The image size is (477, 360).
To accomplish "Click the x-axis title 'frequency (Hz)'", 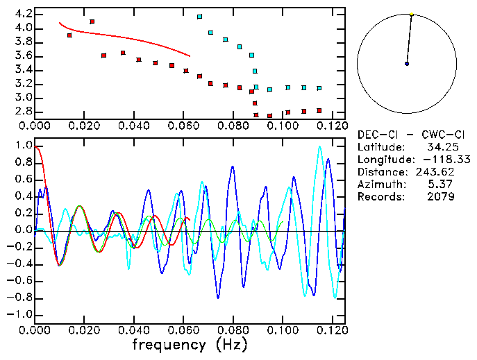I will point(189,344).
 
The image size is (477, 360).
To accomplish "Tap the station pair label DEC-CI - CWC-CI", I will point(406,134).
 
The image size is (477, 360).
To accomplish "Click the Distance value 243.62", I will point(434,171).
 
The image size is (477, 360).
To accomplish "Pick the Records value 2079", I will point(441,196).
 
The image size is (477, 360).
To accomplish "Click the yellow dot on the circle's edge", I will point(412,14).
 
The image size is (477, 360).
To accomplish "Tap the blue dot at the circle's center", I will point(407,64).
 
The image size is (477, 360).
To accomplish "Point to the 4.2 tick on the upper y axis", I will point(22,14).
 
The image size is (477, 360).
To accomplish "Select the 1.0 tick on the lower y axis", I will point(22,146).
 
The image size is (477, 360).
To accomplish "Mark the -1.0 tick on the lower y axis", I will point(19,314).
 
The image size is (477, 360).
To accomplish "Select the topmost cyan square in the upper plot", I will point(200,16).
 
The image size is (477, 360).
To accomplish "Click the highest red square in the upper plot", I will point(92,22).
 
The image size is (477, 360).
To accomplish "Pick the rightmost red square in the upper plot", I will point(319,110).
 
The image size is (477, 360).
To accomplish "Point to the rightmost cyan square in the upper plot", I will point(319,88).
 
